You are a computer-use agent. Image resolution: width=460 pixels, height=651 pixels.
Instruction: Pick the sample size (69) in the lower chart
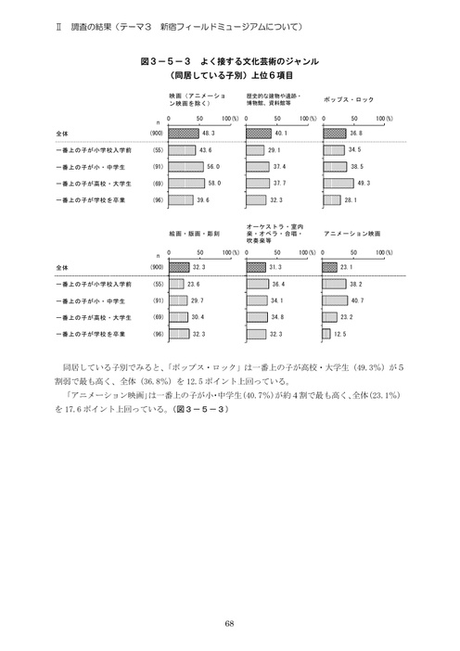158,316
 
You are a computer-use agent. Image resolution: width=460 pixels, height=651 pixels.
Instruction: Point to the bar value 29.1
274,149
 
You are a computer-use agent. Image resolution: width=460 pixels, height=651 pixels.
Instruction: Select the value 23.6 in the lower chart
194,283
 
